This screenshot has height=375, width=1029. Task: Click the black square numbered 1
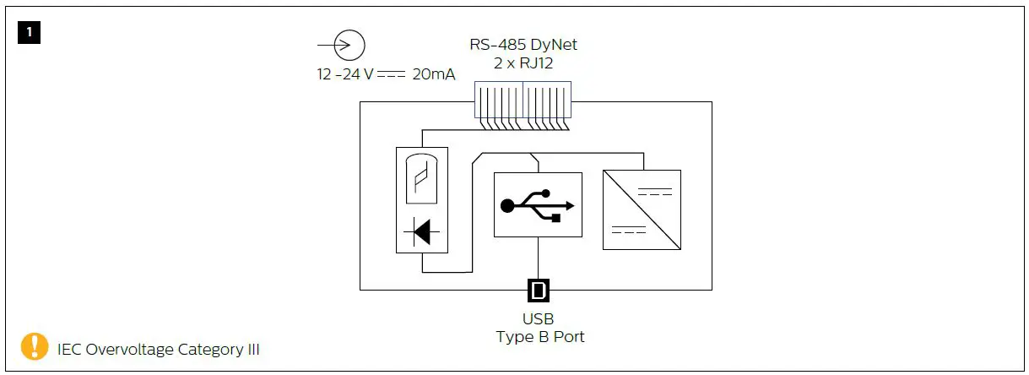click(30, 33)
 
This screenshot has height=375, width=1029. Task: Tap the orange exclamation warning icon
click(35, 346)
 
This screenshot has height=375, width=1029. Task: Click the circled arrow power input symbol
click(349, 44)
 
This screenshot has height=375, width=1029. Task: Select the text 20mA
click(433, 74)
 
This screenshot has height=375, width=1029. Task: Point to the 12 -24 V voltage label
click(345, 74)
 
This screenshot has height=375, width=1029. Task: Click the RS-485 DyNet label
click(523, 44)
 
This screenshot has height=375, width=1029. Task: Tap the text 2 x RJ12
click(523, 62)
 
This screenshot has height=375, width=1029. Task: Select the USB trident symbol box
click(538, 204)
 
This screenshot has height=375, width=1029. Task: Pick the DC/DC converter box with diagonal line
click(642, 209)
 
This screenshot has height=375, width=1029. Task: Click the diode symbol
click(422, 231)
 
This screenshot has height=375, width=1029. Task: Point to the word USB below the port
click(539, 319)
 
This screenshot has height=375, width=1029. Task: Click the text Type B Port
click(539, 336)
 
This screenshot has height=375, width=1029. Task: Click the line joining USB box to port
click(538, 258)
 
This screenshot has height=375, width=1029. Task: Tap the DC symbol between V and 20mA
click(391, 74)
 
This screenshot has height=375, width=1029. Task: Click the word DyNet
click(555, 44)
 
